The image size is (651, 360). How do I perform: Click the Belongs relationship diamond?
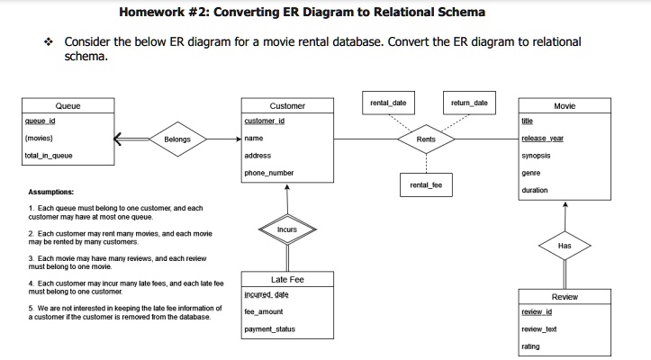[x=177, y=139]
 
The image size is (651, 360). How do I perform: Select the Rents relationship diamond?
[x=426, y=139]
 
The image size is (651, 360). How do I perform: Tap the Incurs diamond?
[x=286, y=229]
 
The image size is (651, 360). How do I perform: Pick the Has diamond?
[x=565, y=245]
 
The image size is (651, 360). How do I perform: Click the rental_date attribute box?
[x=388, y=103]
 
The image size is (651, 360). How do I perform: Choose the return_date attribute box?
[x=469, y=103]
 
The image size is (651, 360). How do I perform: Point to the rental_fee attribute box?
[x=426, y=185]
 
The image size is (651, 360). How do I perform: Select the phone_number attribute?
[x=268, y=173]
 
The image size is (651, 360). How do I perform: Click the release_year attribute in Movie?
[x=542, y=139]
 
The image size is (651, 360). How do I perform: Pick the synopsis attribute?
[x=536, y=156]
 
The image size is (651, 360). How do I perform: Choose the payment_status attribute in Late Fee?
[x=270, y=329]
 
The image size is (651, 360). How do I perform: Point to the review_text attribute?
[x=539, y=329]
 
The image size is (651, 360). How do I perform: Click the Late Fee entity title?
[x=286, y=279]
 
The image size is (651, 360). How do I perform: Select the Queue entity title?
[x=68, y=105]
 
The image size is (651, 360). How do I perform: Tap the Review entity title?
[x=565, y=296]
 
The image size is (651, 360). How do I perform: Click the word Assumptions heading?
[x=50, y=192]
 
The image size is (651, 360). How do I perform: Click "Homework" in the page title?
[x=154, y=13]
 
